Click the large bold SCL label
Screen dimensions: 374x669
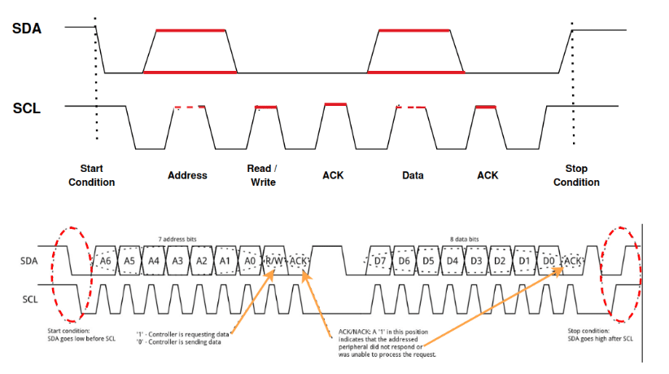tap(27, 107)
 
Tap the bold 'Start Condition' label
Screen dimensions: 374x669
tap(91, 175)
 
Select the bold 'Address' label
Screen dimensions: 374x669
tap(187, 175)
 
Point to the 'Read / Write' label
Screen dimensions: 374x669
tap(262, 175)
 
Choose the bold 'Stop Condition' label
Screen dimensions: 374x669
tap(576, 175)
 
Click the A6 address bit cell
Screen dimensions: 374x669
tap(105, 260)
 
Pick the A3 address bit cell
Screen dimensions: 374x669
tap(177, 260)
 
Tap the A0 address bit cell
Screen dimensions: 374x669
tap(250, 260)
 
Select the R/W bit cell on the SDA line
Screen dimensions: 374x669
tap(275, 260)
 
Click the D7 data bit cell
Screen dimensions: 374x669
tap(380, 260)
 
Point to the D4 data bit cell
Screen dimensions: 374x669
tap(452, 260)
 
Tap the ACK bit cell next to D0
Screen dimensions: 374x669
tap(574, 260)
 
